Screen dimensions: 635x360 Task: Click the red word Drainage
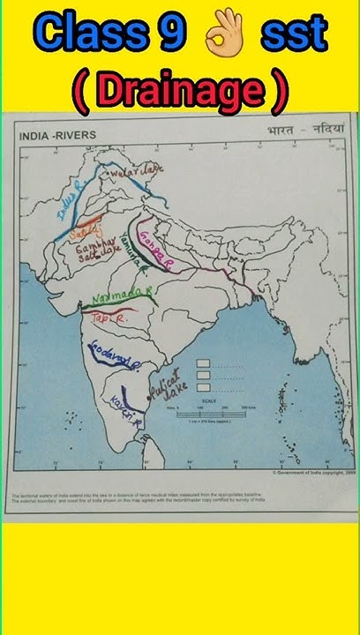[180, 89]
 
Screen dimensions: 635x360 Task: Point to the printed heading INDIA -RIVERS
[58, 135]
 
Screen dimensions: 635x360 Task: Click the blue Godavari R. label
[110, 363]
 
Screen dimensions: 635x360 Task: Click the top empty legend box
[203, 362]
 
